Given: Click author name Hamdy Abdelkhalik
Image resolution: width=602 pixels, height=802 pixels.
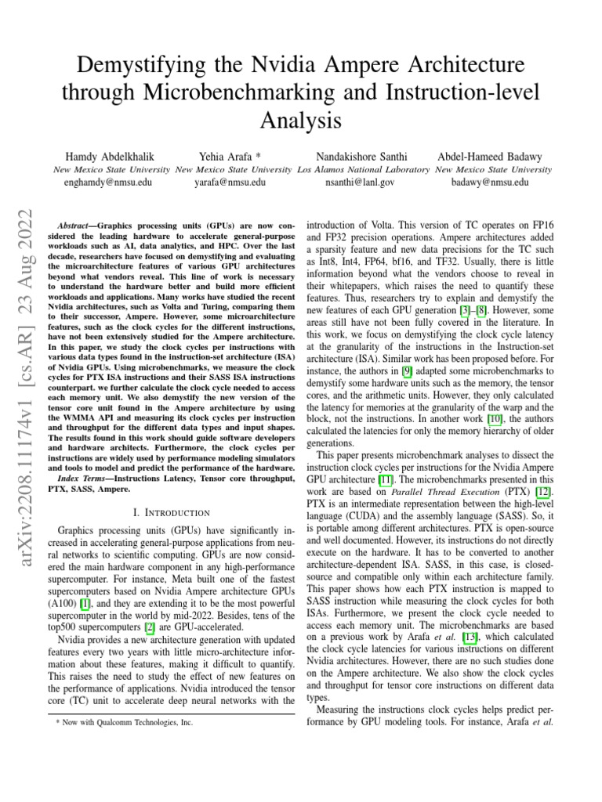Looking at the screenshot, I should click(109, 157).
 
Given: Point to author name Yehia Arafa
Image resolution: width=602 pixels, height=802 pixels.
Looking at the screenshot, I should click(228, 157).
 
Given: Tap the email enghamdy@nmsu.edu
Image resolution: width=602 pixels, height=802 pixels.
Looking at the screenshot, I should click(108, 182).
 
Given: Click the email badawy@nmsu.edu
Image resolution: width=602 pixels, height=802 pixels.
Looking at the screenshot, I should click(491, 182).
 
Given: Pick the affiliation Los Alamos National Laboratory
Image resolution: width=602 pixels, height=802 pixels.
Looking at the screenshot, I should click(364, 169).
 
